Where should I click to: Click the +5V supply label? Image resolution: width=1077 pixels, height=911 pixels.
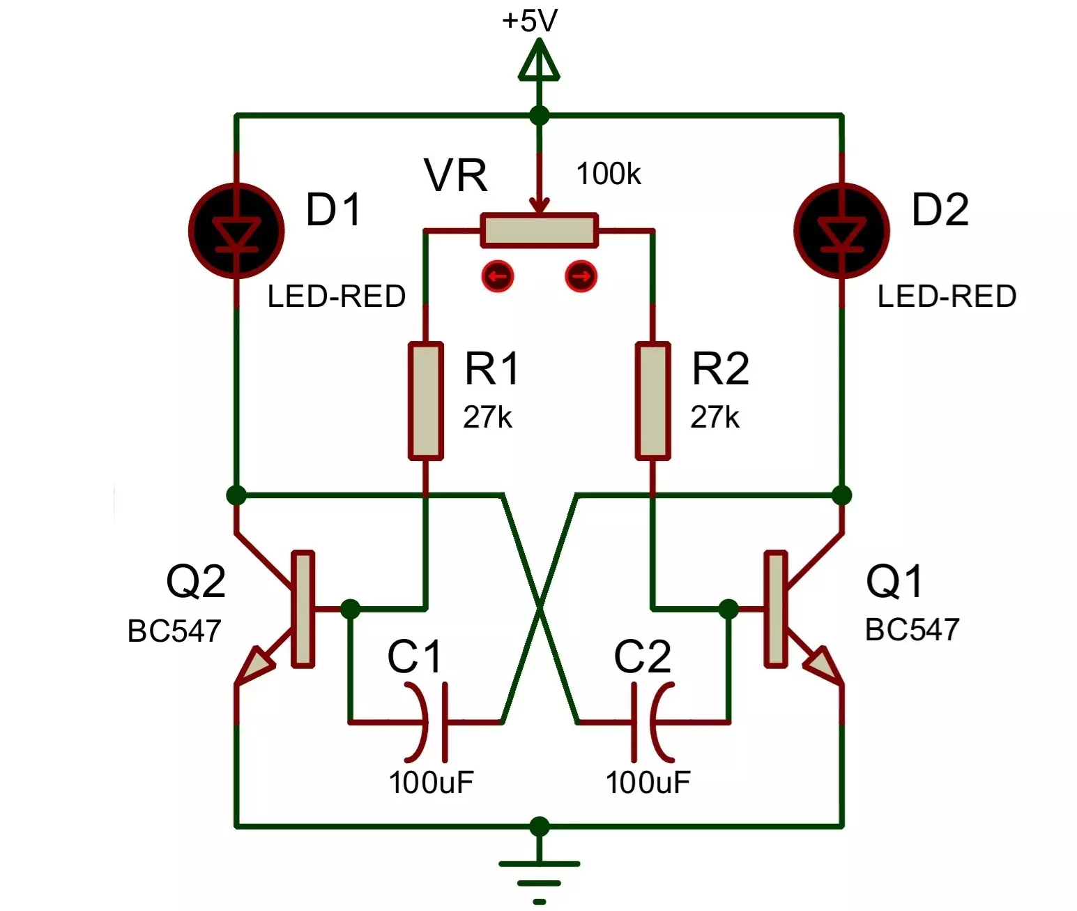point(529,22)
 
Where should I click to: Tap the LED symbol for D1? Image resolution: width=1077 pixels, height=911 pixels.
point(236,230)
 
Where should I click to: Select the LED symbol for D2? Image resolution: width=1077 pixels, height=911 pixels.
point(841,230)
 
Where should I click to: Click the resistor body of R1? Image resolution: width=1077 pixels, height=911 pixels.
point(426,401)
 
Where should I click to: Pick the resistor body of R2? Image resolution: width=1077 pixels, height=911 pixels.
point(653,401)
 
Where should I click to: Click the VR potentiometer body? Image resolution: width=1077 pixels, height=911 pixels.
point(540,230)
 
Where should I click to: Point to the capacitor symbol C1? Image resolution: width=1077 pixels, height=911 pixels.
point(425,722)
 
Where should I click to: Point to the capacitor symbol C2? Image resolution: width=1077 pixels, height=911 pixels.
point(653,722)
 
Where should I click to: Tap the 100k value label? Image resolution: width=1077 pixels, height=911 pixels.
point(608,174)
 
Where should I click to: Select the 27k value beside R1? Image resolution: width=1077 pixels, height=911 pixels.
point(487,417)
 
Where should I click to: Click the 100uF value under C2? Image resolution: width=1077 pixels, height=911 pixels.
point(648,783)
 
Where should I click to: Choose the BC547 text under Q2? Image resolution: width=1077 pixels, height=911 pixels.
point(174,631)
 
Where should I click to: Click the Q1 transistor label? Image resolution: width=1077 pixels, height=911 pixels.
point(894,580)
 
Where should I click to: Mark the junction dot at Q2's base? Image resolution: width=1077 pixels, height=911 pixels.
point(350,608)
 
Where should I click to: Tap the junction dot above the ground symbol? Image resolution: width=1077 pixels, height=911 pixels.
point(540,827)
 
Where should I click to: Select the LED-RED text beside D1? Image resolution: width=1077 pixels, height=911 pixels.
point(337,296)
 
